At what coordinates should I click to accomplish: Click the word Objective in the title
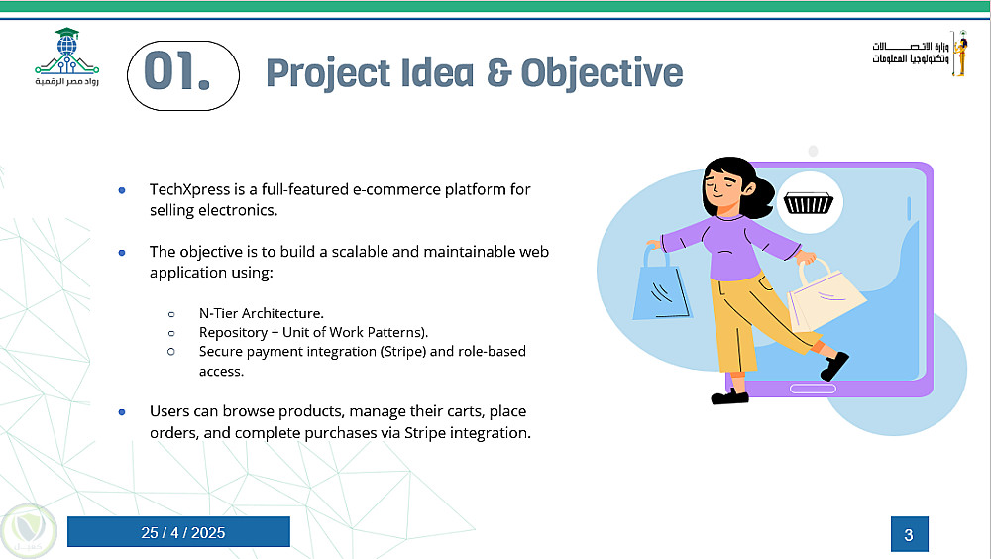(602, 73)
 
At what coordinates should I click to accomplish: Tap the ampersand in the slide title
(498, 72)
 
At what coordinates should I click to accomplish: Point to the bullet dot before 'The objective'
(122, 253)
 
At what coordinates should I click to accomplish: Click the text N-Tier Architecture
(261, 313)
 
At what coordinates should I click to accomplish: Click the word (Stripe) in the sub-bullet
(402, 351)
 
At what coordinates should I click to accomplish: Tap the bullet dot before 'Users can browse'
(122, 412)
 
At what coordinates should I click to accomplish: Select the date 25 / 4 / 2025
(182, 533)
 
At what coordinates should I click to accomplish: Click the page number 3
(909, 535)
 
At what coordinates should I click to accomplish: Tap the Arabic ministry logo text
(911, 53)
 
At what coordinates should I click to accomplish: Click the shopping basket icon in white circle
(809, 203)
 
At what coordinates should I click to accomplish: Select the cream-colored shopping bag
(825, 296)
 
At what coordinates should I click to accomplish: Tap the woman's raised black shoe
(835, 366)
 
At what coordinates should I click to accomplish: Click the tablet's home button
(813, 389)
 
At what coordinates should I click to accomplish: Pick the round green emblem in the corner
(28, 530)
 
